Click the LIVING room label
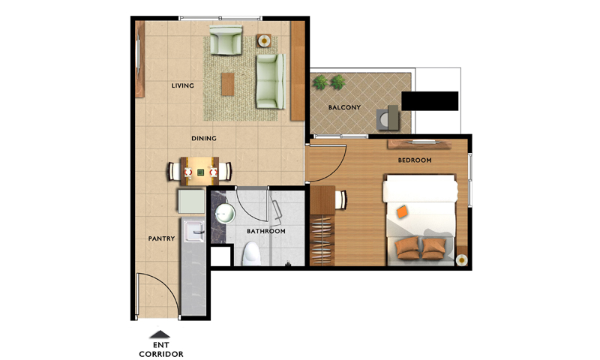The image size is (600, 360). [x=182, y=85]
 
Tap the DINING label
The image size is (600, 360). [x=204, y=139]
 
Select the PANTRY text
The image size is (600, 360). [x=161, y=238]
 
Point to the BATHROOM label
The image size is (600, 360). [x=266, y=232]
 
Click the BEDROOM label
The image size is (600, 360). [x=415, y=160]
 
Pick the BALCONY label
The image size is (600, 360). [x=344, y=107]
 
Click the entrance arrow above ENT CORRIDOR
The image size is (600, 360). [x=160, y=334]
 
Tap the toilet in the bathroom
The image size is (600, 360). [x=252, y=253]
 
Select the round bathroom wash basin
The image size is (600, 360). [x=224, y=214]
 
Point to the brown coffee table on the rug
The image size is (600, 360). [x=228, y=85]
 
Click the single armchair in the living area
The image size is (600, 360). [x=226, y=40]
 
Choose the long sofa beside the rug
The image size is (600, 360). [x=271, y=82]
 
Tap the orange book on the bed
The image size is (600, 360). [x=402, y=211]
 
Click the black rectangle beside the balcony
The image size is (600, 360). [x=430, y=101]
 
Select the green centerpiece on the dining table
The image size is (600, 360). [x=200, y=172]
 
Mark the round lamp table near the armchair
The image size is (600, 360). [x=264, y=40]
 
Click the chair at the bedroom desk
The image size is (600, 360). [x=341, y=199]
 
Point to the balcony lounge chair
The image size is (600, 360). [x=388, y=118]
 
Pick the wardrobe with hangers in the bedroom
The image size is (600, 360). [x=322, y=240]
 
